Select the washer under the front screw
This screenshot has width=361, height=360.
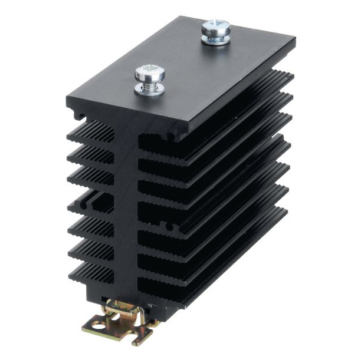click(146, 89)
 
